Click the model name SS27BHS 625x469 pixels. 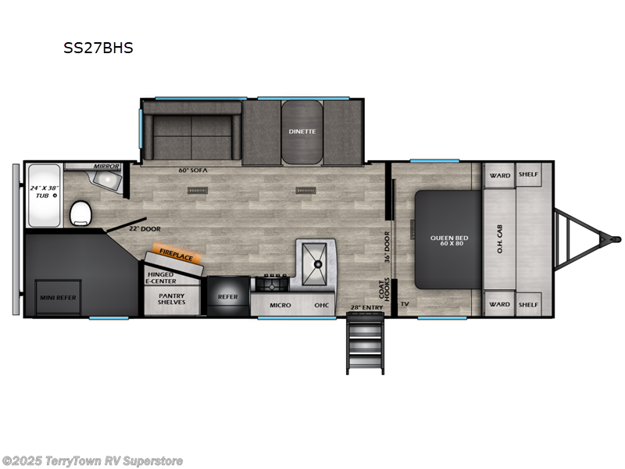(98, 48)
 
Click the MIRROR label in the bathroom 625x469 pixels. (105, 166)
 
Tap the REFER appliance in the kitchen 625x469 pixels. (227, 297)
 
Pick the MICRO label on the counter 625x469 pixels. (280, 305)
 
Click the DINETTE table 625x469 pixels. (301, 131)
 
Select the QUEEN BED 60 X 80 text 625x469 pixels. (449, 241)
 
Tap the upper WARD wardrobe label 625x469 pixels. (500, 175)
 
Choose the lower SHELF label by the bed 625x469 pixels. (529, 305)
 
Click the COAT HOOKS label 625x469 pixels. (384, 289)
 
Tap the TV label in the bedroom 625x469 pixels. (405, 304)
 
